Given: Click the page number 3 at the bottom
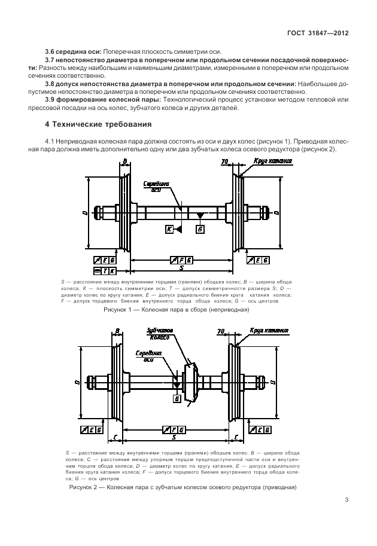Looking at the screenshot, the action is pyautogui.click(x=346, y=500).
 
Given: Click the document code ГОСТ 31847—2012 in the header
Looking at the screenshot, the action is pyautogui.click(x=318, y=33).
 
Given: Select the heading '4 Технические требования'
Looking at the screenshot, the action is pyautogui.click(x=98, y=124).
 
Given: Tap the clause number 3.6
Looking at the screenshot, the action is pyautogui.click(x=50, y=52).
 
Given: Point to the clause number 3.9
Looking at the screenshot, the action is pyautogui.click(x=50, y=100).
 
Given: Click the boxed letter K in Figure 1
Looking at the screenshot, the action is pyautogui.click(x=169, y=229).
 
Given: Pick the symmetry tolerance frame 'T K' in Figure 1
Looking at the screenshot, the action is pyautogui.click(x=105, y=271).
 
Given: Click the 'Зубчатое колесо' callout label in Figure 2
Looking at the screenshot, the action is pyautogui.click(x=160, y=334).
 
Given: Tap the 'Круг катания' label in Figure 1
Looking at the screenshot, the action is pyautogui.click(x=272, y=161).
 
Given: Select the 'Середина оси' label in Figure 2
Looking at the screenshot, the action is pyautogui.click(x=149, y=356).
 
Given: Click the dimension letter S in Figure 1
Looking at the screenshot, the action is pyautogui.click(x=181, y=268).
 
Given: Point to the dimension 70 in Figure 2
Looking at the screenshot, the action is pyautogui.click(x=221, y=331).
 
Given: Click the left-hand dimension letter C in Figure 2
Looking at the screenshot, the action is pyautogui.click(x=115, y=437).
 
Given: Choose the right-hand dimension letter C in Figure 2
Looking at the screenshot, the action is pyautogui.click(x=236, y=437).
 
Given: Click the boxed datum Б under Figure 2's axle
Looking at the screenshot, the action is pyautogui.click(x=177, y=399).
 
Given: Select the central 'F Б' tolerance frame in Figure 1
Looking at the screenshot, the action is pyautogui.click(x=181, y=260).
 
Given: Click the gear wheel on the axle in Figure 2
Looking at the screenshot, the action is pyautogui.click(x=190, y=382).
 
